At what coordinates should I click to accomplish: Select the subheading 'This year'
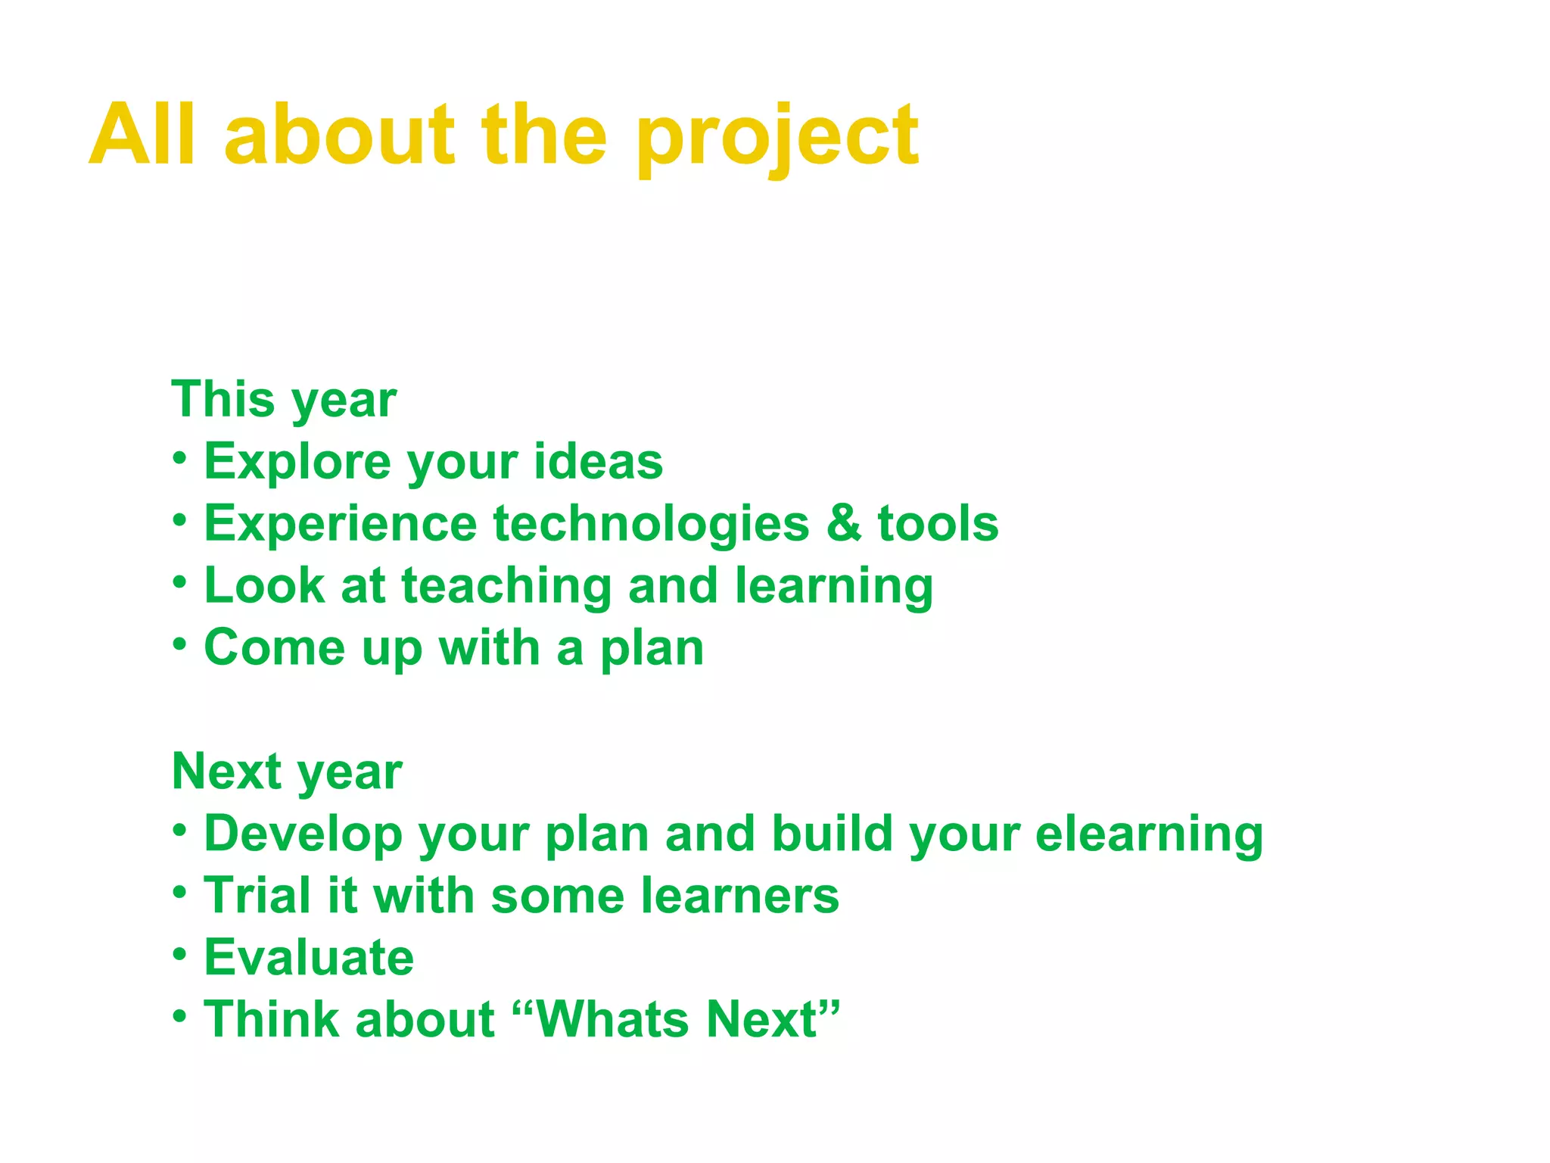coord(284,400)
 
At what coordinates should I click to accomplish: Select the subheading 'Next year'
coord(287,772)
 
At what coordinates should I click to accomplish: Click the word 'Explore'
coord(297,462)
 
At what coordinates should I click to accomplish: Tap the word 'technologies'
coord(651,524)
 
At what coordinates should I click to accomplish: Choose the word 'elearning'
coord(1149,834)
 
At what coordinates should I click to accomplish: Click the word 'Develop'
coord(303,834)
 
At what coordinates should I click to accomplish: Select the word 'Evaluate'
coord(309,958)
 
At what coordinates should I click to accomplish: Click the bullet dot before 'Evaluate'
coord(179,954)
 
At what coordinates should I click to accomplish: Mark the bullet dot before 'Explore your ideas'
coord(179,458)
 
